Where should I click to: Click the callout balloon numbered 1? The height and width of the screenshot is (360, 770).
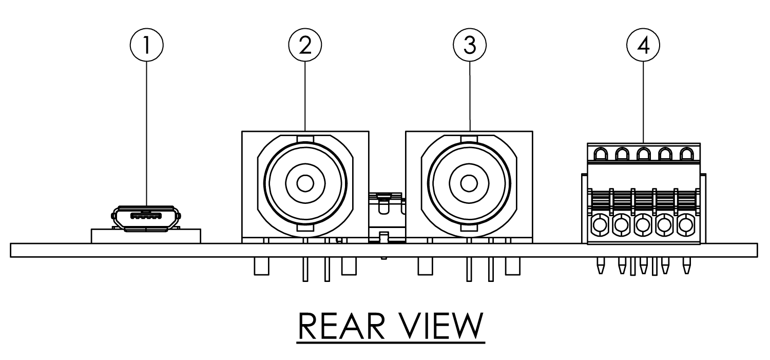pos(147,46)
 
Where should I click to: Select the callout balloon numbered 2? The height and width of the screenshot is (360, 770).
pos(305,46)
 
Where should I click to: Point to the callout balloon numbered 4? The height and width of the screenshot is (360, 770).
pos(643,46)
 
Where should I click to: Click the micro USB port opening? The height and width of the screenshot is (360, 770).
pos(147,217)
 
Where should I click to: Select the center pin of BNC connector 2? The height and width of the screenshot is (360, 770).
pos(305,183)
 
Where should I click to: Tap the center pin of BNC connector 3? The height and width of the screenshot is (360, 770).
pos(469,183)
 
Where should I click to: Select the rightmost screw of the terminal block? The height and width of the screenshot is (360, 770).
pos(686,224)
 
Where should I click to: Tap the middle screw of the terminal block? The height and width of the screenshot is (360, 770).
pos(643,224)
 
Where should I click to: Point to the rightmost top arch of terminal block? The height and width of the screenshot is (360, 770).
pos(686,153)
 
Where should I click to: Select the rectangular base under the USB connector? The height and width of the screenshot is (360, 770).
pos(146,236)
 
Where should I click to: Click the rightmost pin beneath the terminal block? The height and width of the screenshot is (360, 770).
pos(686,266)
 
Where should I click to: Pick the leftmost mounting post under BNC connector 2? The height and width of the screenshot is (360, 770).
pos(261,267)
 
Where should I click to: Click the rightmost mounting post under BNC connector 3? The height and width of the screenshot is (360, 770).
pos(512,267)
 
